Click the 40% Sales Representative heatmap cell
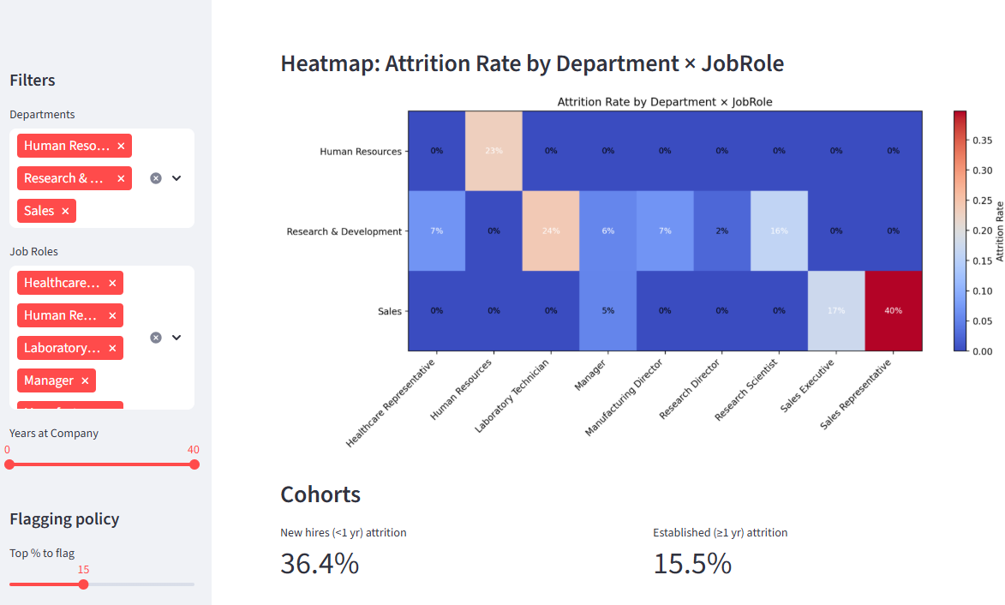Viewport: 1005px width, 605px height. [893, 310]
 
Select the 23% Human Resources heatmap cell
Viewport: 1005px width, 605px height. [494, 151]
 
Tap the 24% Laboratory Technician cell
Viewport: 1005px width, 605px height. [550, 231]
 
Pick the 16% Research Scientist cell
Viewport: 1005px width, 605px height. [779, 231]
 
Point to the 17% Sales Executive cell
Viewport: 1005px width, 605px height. [836, 310]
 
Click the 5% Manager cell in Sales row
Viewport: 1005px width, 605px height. [607, 310]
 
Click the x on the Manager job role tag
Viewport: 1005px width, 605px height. [85, 380]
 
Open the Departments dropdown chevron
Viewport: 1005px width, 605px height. [176, 178]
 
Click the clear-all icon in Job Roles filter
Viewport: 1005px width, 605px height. [156, 338]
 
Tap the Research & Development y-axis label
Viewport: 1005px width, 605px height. [344, 231]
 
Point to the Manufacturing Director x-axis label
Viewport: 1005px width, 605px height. [625, 398]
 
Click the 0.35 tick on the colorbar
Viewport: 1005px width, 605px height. [984, 140]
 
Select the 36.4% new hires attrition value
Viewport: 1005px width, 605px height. [320, 564]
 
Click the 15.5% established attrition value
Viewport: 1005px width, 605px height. [692, 564]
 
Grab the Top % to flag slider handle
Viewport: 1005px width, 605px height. [83, 584]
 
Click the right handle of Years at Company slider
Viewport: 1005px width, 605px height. [194, 464]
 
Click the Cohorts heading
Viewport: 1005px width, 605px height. [320, 494]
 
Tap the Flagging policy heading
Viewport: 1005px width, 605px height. [64, 518]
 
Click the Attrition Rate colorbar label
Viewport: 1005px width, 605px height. [999, 231]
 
